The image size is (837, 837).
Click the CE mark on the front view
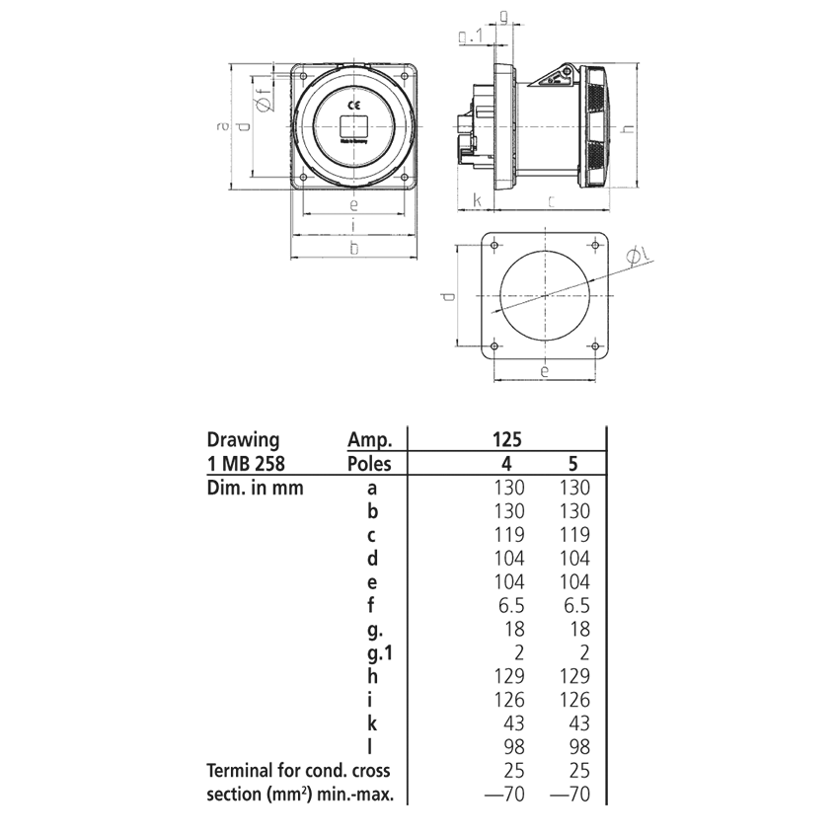tap(353, 104)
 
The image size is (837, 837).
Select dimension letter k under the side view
tap(477, 200)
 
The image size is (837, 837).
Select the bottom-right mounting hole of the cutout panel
tap(594, 345)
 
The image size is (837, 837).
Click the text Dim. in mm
tap(255, 488)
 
